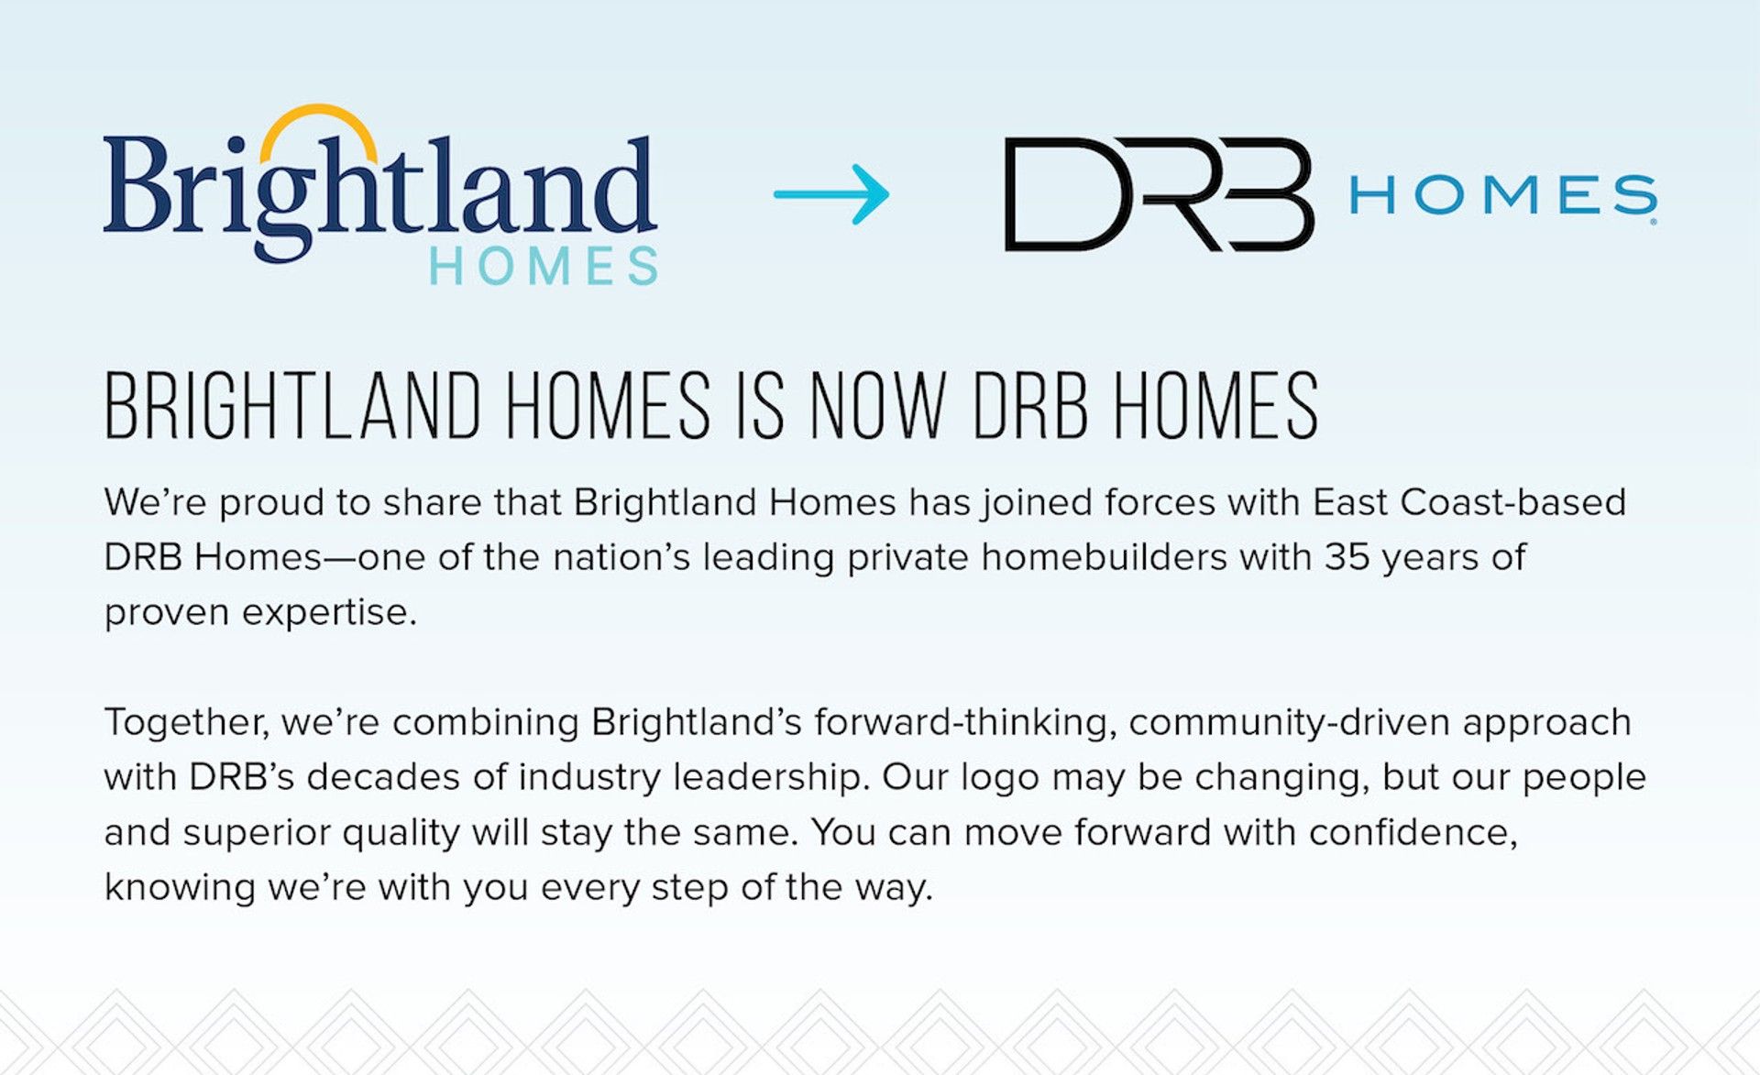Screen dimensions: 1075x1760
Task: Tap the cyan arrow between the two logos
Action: pos(831,193)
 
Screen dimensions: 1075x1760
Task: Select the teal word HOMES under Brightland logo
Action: pos(544,267)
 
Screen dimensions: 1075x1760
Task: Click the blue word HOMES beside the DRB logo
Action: pos(1502,195)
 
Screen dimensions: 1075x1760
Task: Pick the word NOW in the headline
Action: pos(877,405)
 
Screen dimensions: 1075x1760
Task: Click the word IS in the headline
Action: pos(761,405)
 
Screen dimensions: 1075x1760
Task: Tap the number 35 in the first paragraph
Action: pos(1347,557)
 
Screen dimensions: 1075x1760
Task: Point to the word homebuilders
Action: pos(1104,557)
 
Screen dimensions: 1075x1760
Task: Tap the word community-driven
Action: pos(1289,723)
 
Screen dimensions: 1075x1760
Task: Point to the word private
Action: pos(907,557)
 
